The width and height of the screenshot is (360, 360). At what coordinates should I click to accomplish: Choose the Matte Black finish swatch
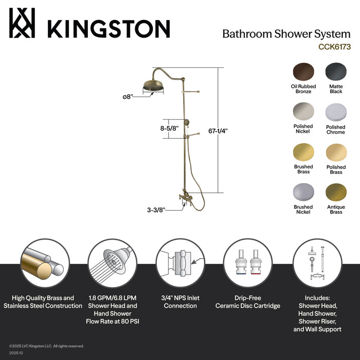tap(336, 71)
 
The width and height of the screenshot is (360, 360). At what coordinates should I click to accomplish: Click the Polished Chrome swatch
tap(336, 112)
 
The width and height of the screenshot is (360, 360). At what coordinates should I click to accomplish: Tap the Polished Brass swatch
tap(336, 152)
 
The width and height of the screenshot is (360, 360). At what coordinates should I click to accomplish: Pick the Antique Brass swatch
tap(336, 193)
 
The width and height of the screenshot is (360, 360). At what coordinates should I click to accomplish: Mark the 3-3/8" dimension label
tap(156, 209)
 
